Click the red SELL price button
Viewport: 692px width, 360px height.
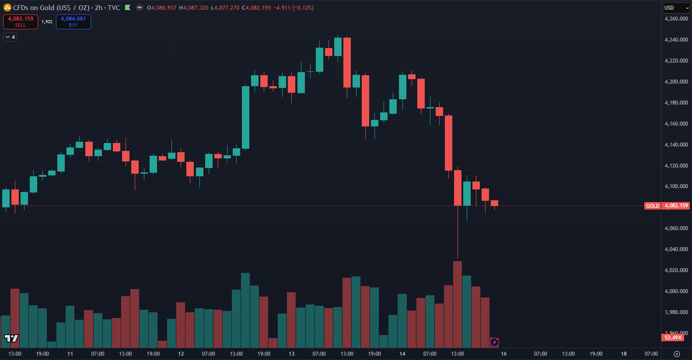point(21,21)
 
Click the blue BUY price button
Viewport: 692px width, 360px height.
point(73,21)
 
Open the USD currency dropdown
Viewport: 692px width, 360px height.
point(675,8)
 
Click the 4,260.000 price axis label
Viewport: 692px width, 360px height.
point(676,19)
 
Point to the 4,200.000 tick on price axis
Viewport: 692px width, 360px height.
point(676,82)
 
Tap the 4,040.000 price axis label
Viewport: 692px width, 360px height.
point(676,249)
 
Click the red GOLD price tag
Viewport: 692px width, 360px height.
point(652,206)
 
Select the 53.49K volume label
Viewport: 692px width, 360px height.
point(673,338)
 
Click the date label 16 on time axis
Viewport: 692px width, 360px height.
point(503,354)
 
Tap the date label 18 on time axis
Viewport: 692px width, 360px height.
point(623,354)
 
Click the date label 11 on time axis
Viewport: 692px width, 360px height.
point(70,354)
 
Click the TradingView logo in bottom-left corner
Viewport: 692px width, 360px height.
point(11,338)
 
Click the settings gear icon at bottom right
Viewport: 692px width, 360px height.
point(677,354)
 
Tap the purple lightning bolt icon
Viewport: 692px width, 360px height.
point(494,342)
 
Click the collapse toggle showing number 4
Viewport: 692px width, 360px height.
point(10,37)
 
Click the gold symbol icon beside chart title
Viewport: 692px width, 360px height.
point(7,8)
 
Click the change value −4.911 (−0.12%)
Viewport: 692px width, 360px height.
point(294,8)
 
